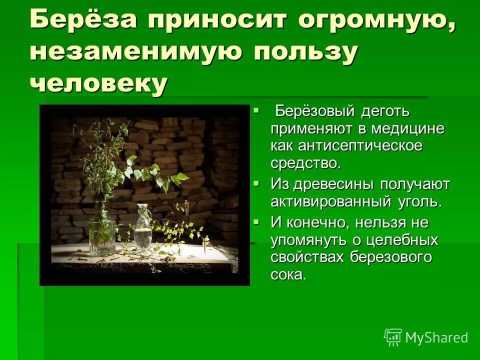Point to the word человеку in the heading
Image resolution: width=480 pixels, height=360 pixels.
click(x=98, y=82)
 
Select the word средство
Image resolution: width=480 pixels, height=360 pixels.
click(x=305, y=162)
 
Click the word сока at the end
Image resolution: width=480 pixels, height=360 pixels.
click(x=288, y=275)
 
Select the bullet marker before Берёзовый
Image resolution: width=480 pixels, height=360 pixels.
click(x=256, y=108)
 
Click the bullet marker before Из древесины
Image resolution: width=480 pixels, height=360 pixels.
click(x=256, y=183)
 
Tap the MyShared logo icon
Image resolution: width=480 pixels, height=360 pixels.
click(x=393, y=337)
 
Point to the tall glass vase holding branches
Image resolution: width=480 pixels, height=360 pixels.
click(x=100, y=227)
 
